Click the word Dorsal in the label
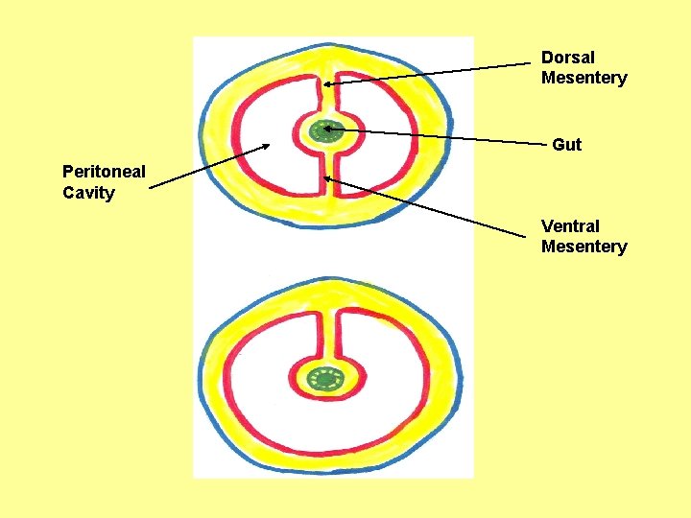tap(568, 58)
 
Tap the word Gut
tap(566, 145)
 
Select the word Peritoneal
tap(104, 172)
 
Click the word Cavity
tap(88, 193)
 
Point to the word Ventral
tap(570, 226)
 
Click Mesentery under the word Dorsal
tap(584, 78)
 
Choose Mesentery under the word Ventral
tap(584, 247)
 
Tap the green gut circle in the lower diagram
tap(327, 380)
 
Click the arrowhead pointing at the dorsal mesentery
tap(327, 83)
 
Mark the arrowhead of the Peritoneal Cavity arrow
tap(266, 147)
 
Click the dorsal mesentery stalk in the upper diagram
tap(326, 91)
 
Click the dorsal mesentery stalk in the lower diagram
tap(327, 331)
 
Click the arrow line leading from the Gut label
tap(441, 136)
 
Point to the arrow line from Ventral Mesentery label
tap(432, 206)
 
